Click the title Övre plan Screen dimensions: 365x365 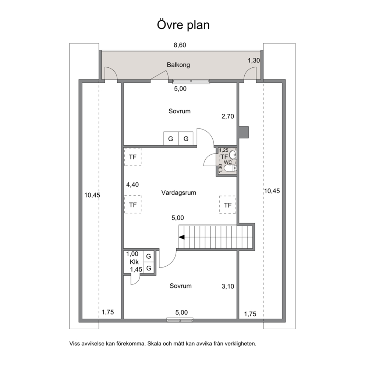pyautogui.click(x=183, y=25)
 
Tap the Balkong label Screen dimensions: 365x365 pyautogui.click(x=178, y=65)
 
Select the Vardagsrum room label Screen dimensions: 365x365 pyautogui.click(x=178, y=193)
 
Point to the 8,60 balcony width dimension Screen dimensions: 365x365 pyautogui.click(x=180, y=45)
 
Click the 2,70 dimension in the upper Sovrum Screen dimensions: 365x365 pyautogui.click(x=228, y=116)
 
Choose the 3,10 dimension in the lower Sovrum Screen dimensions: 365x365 pyautogui.click(x=228, y=286)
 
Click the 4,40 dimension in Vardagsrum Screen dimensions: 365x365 pyautogui.click(x=132, y=185)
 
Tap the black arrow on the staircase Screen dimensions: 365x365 pyautogui.click(x=181, y=237)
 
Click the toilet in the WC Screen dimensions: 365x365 pyautogui.click(x=230, y=168)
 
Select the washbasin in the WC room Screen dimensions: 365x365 pyautogui.click(x=233, y=154)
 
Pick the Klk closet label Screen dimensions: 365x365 pyautogui.click(x=134, y=262)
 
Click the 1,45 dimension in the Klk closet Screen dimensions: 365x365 pyautogui.click(x=136, y=270)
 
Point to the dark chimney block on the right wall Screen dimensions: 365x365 pyautogui.click(x=243, y=132)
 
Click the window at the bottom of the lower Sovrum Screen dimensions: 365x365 pyautogui.click(x=180, y=320)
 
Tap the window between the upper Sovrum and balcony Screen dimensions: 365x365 pyautogui.click(x=191, y=81)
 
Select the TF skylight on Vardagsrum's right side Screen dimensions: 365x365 pyautogui.click(x=227, y=205)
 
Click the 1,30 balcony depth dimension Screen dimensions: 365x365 pyautogui.click(x=254, y=60)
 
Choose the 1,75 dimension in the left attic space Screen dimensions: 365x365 pyautogui.click(x=108, y=312)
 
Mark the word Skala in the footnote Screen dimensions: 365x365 pyautogui.click(x=154, y=344)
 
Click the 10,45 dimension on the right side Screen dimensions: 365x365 pyautogui.click(x=272, y=191)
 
